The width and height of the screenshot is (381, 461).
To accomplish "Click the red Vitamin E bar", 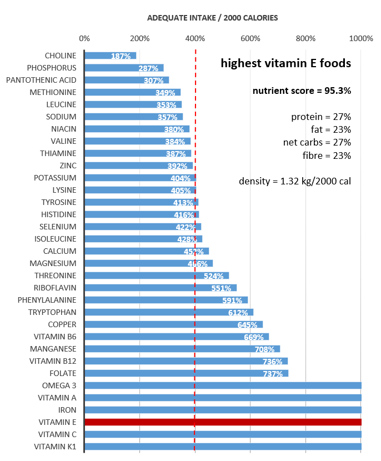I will [222, 422].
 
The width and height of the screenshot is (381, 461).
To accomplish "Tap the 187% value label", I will [121, 56].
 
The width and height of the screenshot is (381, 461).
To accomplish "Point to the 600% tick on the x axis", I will [250, 38].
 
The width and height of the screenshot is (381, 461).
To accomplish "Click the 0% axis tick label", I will [84, 38].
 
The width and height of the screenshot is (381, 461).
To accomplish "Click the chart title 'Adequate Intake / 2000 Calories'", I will [213, 18].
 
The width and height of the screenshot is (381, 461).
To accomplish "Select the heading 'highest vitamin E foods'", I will [285, 63].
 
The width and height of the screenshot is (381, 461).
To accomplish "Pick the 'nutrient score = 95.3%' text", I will [302, 91].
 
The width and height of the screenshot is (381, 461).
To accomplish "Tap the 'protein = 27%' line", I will [321, 117].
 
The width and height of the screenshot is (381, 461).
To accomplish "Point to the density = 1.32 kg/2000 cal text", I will [295, 181].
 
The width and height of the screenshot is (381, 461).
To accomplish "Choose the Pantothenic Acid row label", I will [41, 80].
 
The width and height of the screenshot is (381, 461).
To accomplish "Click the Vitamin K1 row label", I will [55, 447].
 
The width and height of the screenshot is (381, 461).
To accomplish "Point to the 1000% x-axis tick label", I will [362, 38].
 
